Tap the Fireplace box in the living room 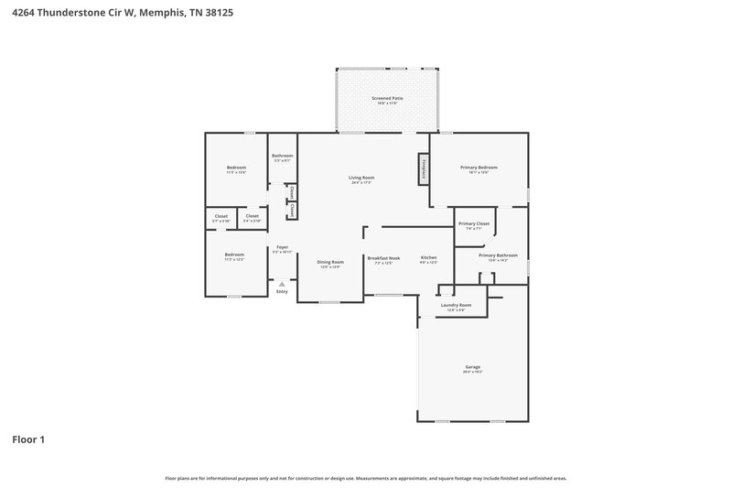tap(424, 168)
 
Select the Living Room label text tap(361, 178)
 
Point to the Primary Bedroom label tap(479, 168)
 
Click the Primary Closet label tap(474, 223)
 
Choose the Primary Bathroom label tap(498, 255)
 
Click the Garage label tap(472, 367)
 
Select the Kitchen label tap(428, 258)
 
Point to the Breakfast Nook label tap(384, 258)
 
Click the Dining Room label tap(330, 263)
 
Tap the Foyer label tap(282, 247)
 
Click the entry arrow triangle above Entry tap(282, 284)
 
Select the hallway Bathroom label tap(282, 156)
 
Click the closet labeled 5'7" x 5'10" tap(221, 217)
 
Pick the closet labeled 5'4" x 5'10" tap(253, 217)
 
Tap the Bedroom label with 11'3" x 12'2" tap(235, 255)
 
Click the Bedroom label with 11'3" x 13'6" tap(236, 168)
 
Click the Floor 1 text tap(28, 440)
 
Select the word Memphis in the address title tap(162, 14)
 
